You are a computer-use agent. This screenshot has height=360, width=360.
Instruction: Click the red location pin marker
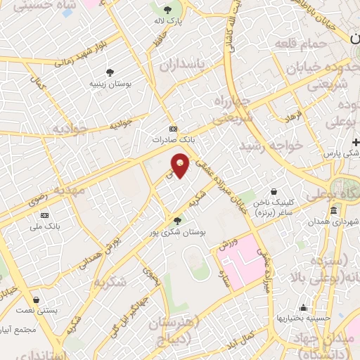pos(181,167)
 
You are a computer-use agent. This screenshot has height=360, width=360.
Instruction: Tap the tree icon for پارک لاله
pos(167,10)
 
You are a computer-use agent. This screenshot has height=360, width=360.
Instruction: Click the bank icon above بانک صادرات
pos(174,129)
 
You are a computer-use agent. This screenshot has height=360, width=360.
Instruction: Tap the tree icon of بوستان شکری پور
pos(176,221)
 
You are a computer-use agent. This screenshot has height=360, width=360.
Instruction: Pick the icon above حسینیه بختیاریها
pos(303,307)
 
